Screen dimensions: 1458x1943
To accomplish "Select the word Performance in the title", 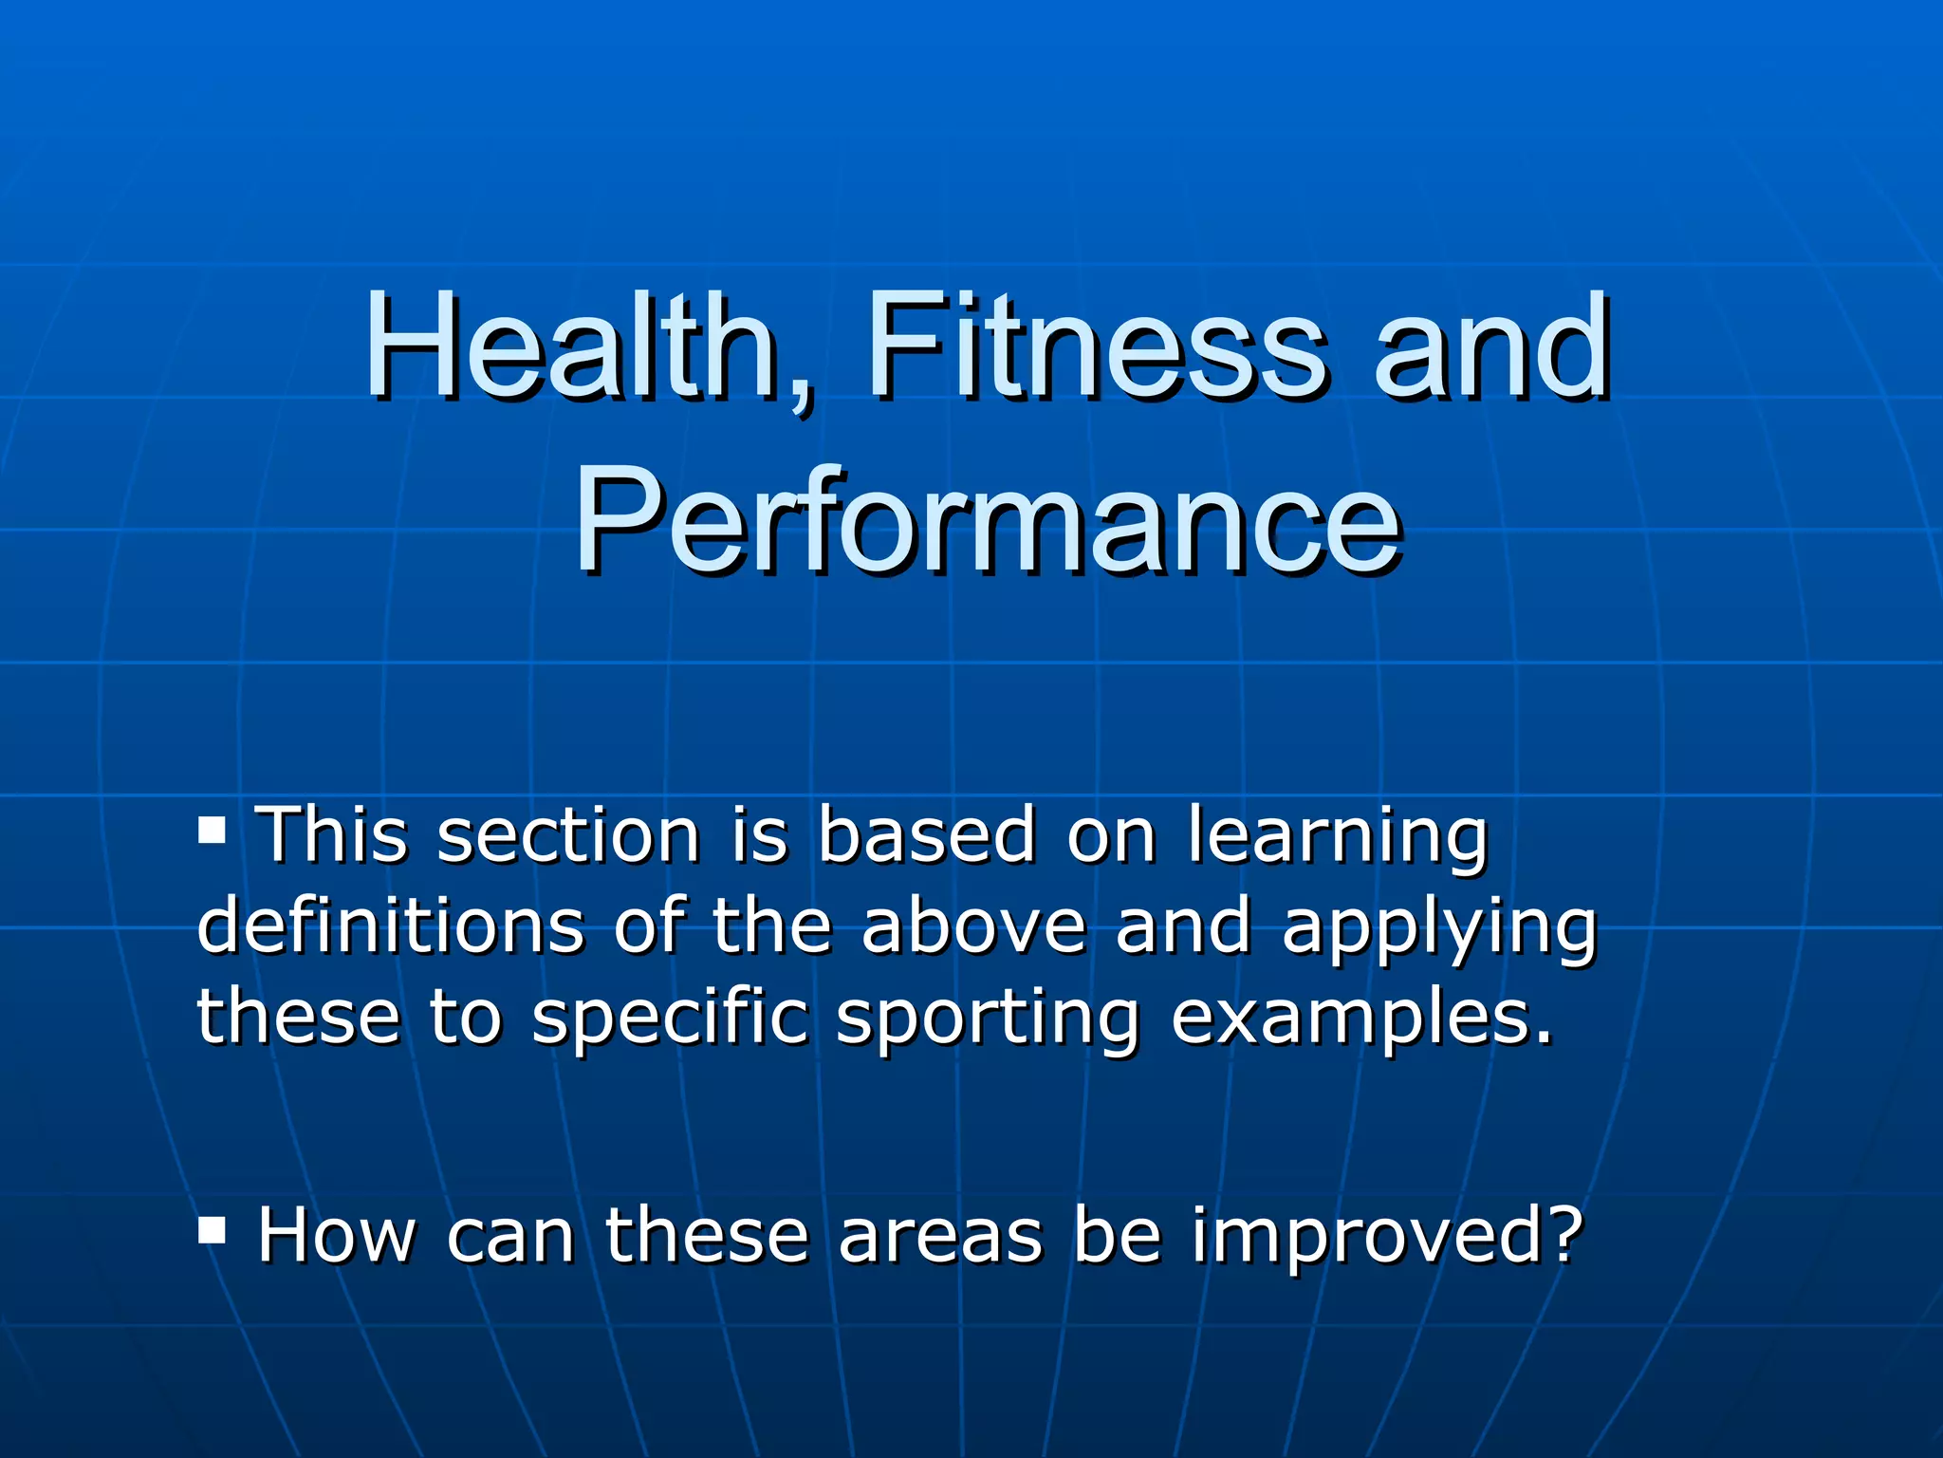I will click(x=987, y=523).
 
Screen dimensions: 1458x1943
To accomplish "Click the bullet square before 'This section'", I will click(x=213, y=832).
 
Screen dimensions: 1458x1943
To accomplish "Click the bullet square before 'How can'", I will click(x=213, y=1232).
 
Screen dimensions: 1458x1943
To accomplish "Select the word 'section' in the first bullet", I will click(x=568, y=836).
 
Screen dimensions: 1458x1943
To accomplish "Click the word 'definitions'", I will click(x=390, y=926).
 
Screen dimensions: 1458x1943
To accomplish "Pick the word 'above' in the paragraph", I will click(x=973, y=926).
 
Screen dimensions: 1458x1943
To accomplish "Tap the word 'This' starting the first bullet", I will click(x=332, y=836).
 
